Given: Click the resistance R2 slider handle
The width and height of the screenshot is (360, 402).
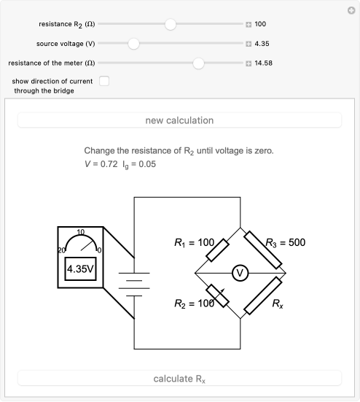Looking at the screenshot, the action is (x=171, y=24).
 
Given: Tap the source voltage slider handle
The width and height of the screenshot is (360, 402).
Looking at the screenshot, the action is (x=133, y=44).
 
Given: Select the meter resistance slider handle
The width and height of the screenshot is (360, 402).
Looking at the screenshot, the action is (x=198, y=63).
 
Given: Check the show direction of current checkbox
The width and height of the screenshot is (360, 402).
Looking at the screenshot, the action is (x=104, y=81).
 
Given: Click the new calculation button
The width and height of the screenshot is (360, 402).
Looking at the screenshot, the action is (x=179, y=120).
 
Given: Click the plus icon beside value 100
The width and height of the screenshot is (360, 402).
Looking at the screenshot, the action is (x=249, y=24).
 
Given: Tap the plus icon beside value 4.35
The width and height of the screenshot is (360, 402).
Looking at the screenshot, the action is (x=249, y=44).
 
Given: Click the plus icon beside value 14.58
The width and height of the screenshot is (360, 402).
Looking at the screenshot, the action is (x=249, y=63).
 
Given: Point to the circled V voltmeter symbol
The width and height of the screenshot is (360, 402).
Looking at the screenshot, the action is (x=240, y=273).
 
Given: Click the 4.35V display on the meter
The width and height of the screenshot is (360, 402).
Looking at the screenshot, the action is (x=80, y=269).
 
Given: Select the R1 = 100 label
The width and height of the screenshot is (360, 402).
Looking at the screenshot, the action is (x=194, y=242).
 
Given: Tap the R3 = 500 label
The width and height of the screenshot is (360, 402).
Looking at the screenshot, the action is (x=285, y=242).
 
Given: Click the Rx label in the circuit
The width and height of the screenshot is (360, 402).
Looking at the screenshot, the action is (x=278, y=304).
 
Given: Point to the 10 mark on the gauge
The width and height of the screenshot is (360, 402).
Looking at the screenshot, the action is (x=81, y=232).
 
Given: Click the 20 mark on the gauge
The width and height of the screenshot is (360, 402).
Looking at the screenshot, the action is (x=61, y=250).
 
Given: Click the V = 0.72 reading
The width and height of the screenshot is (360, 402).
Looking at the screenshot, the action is (x=101, y=164).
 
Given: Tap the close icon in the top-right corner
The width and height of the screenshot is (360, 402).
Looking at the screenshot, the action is (x=351, y=10).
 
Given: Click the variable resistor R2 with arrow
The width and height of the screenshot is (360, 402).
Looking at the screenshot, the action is (x=217, y=295).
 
